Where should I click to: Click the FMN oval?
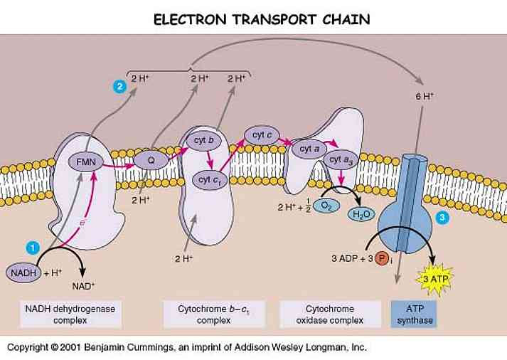[x=86, y=162]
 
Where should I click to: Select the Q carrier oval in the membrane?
[x=151, y=160]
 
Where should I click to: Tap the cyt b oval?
[x=203, y=141]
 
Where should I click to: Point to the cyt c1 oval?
[x=210, y=180]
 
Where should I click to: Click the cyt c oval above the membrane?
[x=262, y=135]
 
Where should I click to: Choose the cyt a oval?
[x=309, y=149]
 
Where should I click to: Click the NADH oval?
[x=23, y=272]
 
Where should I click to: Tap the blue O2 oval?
[x=326, y=206]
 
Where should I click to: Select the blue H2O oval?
[x=361, y=214]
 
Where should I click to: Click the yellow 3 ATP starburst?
[x=435, y=279]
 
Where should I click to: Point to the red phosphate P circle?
[x=382, y=258]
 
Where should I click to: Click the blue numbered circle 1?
[x=33, y=248]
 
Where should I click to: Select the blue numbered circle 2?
[x=119, y=87]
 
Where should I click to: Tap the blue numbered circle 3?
[x=442, y=218]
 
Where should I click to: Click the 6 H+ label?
[x=425, y=96]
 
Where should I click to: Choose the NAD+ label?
[x=83, y=286]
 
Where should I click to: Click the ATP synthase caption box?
[x=414, y=314]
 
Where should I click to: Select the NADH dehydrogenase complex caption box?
[x=70, y=314]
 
